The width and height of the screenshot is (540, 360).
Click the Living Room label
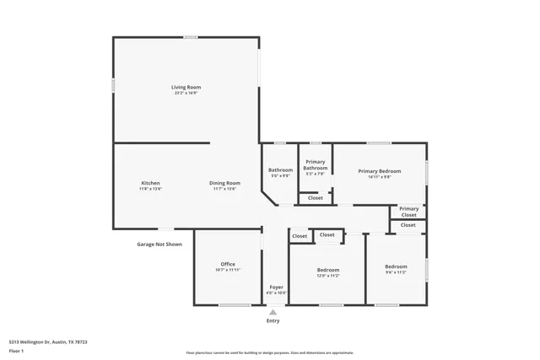186,87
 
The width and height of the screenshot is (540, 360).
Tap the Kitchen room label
150,183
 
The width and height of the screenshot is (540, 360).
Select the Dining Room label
225,183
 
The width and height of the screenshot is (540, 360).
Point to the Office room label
228,264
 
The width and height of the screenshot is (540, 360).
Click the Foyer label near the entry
276,287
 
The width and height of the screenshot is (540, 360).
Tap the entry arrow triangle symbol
273,312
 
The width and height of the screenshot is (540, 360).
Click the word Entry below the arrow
273,321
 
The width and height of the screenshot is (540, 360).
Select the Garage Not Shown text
159,244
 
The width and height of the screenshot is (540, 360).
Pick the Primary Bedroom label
379,171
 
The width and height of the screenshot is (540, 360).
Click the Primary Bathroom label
316,164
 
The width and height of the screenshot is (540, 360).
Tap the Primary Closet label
408,212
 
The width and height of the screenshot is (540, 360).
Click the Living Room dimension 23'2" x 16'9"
186,93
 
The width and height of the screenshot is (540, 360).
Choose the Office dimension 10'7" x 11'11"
228,270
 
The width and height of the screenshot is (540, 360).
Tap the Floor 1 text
16,350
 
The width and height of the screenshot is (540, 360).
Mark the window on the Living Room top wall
192,36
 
